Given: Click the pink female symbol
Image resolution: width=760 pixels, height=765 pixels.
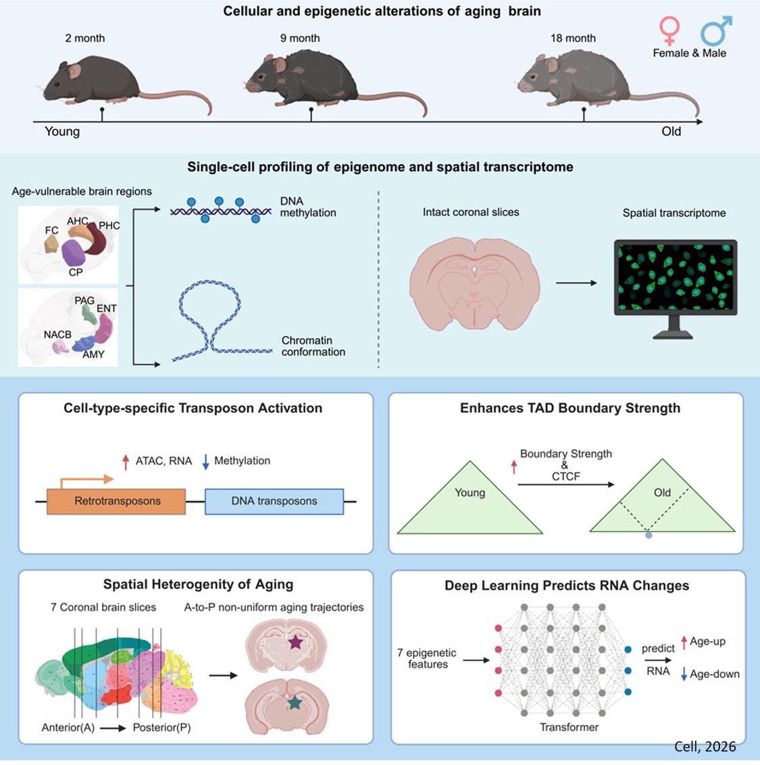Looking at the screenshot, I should coord(669,31).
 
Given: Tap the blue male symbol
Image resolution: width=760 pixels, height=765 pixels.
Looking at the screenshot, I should coord(715,30).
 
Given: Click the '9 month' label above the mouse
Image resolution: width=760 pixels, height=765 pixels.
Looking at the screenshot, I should coord(300,39).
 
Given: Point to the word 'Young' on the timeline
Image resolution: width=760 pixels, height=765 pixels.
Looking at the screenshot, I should coord(62,132).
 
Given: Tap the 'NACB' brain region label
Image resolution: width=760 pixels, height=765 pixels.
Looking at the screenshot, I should coord(57,335).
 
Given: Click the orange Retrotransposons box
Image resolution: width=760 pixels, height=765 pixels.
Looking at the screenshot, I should coord(116,501).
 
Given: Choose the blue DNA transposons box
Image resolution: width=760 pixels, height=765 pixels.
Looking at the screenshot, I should coord(274,501).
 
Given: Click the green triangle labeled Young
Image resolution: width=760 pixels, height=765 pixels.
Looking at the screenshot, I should coord(470,503).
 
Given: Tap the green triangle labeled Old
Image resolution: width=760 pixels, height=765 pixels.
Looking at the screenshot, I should coord(662,503).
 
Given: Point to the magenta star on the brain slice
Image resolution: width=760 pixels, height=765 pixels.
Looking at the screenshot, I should coord(295,642).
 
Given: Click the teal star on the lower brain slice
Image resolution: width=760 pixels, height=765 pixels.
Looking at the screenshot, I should coord(295,703).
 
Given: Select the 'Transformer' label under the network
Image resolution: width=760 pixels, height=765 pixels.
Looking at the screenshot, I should coord(569,727).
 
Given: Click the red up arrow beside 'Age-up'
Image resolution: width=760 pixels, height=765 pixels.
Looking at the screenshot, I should coord(684,642).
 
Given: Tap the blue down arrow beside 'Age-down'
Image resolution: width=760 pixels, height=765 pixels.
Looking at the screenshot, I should coord(684,674).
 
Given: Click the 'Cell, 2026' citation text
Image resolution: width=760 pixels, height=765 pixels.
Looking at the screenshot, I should coord(705,747).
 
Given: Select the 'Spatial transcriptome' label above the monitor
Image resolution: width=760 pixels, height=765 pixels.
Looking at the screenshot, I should coord(674,213).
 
